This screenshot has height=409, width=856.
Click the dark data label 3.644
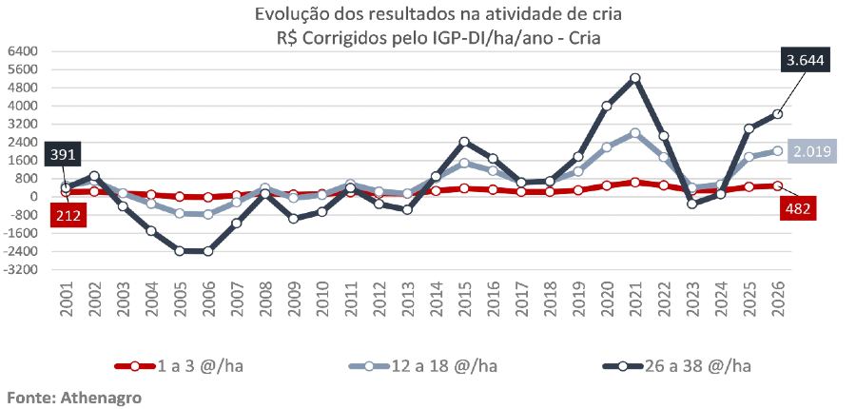(x=804, y=62)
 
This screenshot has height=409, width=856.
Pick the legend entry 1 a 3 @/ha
(x=181, y=365)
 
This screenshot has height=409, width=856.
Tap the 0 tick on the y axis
(x=31, y=197)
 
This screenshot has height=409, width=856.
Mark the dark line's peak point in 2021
(x=634, y=78)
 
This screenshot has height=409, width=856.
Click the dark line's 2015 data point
(x=464, y=142)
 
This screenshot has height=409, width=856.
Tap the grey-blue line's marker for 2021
(x=634, y=133)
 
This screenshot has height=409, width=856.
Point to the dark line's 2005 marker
(x=180, y=251)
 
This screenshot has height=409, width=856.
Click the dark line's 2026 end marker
(x=777, y=114)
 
